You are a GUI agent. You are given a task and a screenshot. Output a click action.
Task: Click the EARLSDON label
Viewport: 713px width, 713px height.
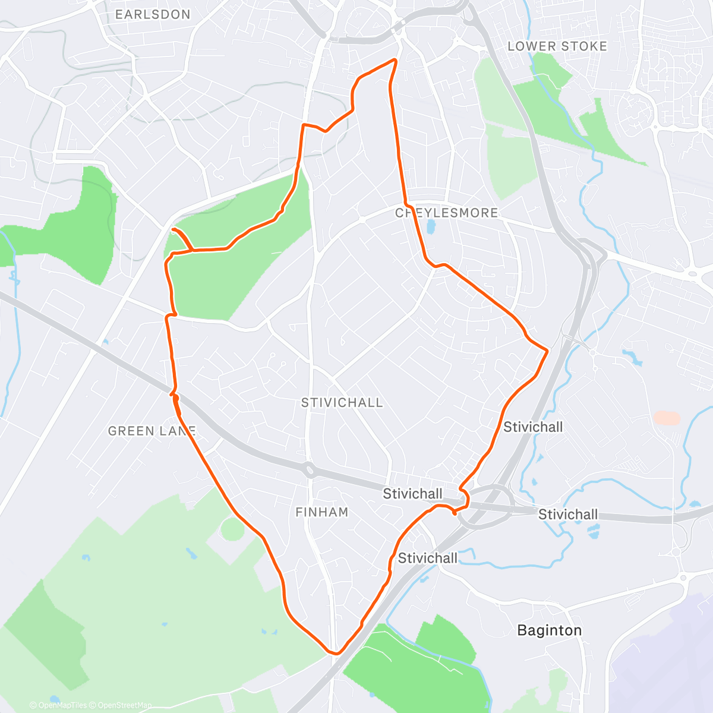[153, 14]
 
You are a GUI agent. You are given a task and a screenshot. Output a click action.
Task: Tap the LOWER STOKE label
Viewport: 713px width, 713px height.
[557, 46]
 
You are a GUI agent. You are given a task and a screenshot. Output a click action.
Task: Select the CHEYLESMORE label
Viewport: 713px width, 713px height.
[447, 213]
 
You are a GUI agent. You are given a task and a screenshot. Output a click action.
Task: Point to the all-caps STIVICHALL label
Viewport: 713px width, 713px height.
[342, 403]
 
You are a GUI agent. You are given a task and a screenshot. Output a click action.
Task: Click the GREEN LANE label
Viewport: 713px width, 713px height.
[152, 431]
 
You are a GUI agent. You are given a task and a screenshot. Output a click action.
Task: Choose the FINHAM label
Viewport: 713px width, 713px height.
[321, 512]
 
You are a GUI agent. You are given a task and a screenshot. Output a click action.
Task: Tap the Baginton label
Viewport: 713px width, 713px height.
[549, 630]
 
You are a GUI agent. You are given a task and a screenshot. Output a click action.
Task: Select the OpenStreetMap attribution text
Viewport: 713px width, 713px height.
[125, 705]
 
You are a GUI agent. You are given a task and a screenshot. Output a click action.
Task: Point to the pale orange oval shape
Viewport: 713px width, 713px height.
[667, 418]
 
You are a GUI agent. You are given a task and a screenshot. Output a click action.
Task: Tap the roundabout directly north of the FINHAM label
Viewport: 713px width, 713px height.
[310, 470]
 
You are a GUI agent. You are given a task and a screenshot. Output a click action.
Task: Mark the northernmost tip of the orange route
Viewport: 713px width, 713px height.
[395, 59]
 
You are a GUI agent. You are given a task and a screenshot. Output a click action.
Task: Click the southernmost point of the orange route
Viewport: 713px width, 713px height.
[336, 654]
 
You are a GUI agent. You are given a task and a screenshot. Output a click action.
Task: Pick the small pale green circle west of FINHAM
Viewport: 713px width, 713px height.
[232, 529]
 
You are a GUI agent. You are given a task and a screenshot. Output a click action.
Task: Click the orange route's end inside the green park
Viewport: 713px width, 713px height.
[173, 229]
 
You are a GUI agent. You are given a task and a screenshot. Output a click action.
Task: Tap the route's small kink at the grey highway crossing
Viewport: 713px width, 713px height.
[174, 394]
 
